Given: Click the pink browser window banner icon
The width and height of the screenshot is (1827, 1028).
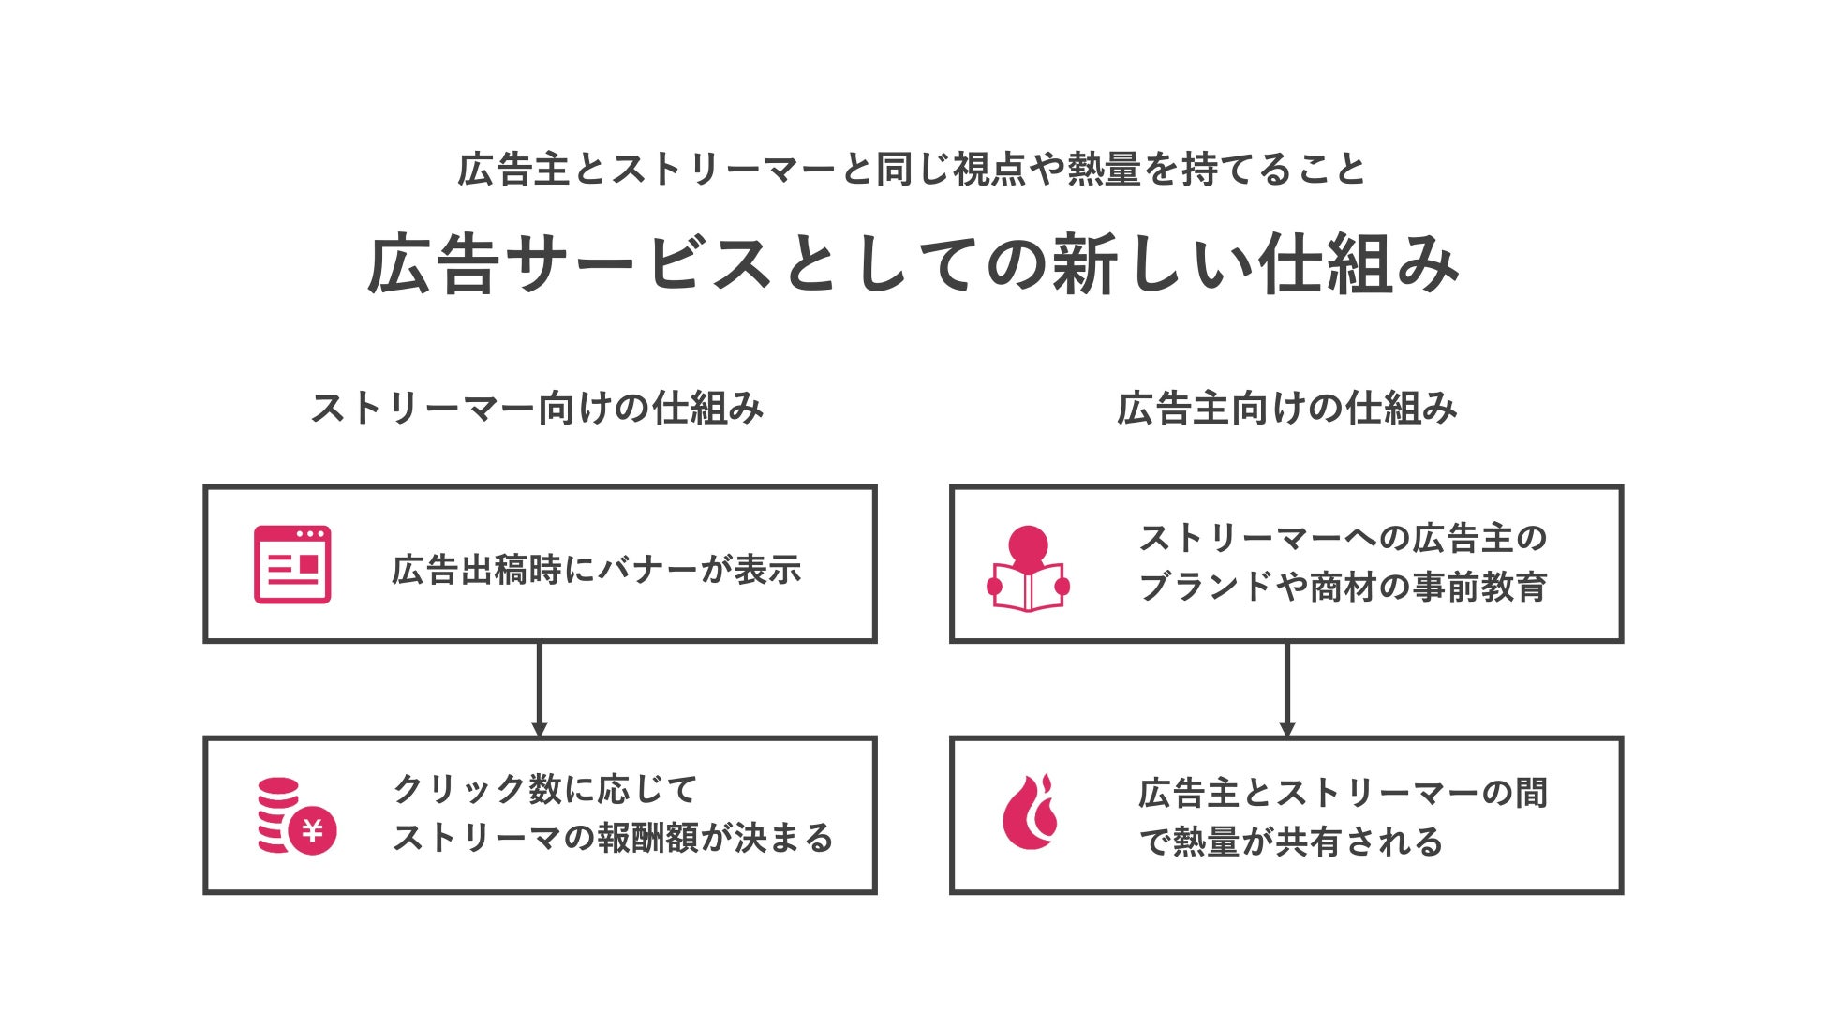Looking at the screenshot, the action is click(292, 564).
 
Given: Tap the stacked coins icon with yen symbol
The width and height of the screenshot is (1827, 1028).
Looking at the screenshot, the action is click(296, 816).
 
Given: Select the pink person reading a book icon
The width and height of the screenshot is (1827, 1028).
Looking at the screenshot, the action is click(1028, 569).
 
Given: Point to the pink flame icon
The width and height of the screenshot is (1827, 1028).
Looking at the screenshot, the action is click(1031, 812).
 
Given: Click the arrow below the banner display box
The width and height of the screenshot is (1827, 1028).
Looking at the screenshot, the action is click(539, 690).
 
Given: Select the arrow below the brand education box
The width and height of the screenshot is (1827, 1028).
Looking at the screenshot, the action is click(1286, 690).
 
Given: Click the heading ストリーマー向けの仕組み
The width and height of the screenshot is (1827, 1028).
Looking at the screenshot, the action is click(538, 409).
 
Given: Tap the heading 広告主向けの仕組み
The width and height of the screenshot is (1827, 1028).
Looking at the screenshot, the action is click(1286, 409).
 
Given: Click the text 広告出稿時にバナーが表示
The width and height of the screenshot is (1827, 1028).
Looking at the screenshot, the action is click(597, 570).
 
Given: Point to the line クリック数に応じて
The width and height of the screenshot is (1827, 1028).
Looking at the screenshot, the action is click(545, 789).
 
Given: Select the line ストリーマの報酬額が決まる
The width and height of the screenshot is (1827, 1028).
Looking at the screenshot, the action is click(613, 838).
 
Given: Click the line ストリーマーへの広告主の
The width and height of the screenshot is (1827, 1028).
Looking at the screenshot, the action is click(1343, 538).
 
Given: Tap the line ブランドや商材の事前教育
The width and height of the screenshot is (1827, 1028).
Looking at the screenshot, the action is click(1343, 587).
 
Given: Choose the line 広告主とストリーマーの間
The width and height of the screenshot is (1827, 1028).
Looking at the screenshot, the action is click(1343, 793).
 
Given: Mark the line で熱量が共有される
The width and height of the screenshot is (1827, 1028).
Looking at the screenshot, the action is click(1291, 842).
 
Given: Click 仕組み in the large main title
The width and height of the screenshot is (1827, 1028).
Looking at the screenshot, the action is click(1359, 265).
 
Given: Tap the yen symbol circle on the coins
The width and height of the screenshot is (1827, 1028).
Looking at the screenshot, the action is click(312, 830).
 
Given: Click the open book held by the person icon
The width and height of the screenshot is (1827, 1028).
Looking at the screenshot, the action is click(1028, 588).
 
